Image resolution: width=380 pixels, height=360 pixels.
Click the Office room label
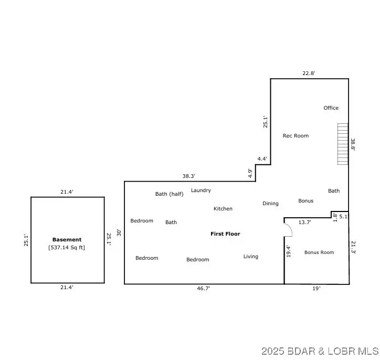[331, 108]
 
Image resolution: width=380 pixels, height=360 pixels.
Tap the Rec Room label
[295, 136]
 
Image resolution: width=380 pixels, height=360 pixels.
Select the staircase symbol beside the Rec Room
[343, 144]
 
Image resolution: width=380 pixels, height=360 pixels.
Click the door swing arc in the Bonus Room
[288, 229]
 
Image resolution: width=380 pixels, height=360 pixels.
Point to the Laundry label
[201, 190]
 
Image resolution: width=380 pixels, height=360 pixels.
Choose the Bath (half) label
[169, 194]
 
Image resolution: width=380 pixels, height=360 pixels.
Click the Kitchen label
[223, 209]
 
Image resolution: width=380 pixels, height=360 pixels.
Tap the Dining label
[270, 204]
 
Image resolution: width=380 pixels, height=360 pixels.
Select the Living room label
[250, 257]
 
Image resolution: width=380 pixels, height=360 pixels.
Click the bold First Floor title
[225, 234]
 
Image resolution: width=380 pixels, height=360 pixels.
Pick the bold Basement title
[67, 240]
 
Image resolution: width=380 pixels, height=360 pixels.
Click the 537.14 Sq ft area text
[67, 247]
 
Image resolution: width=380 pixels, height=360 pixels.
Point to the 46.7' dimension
[204, 289]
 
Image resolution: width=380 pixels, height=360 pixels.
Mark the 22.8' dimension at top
[309, 73]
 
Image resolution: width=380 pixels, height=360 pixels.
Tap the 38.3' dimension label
[189, 176]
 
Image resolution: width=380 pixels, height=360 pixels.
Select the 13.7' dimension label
[304, 223]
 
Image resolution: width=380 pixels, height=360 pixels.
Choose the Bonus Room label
[319, 252]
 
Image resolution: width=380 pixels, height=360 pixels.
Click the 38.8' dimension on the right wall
[353, 145]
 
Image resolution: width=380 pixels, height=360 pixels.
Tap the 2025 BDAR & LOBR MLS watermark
[320, 350]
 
